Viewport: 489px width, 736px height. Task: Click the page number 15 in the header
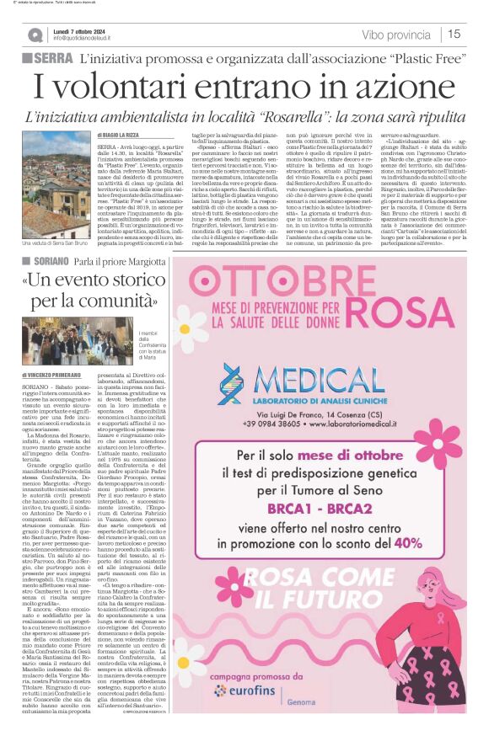coord(454,35)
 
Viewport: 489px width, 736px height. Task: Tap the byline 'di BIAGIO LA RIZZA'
coord(126,135)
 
